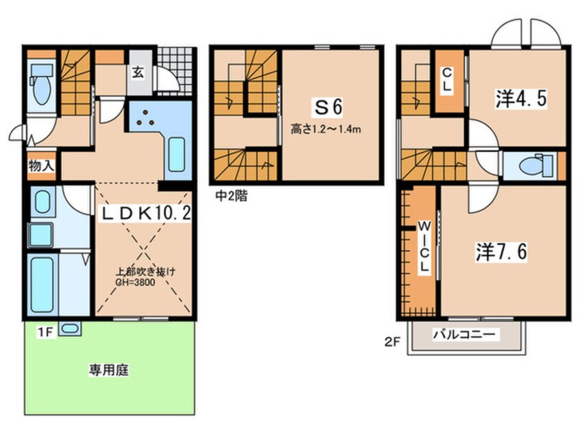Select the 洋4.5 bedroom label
[520, 99]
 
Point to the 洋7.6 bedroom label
[501, 252]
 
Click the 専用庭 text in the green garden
[109, 371]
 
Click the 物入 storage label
[41, 166]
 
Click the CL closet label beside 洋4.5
[446, 78]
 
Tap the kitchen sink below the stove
[177, 156]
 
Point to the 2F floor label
[392, 336]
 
